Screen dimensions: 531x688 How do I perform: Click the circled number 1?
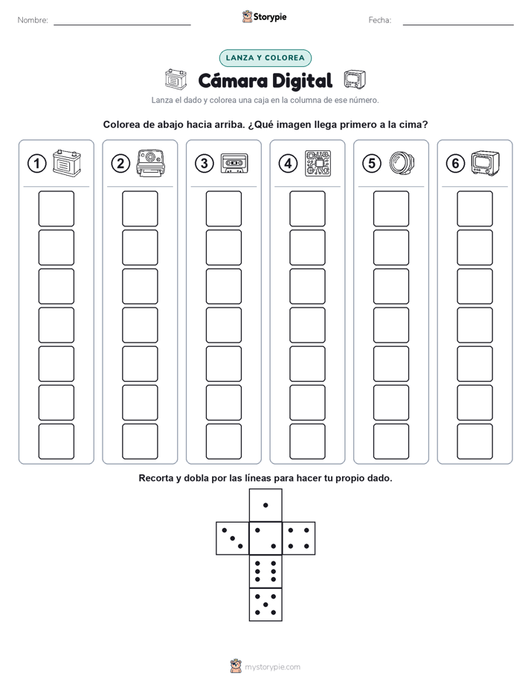(x=36, y=164)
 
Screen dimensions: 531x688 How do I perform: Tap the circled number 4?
(x=288, y=164)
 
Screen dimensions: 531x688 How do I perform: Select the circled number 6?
(x=455, y=164)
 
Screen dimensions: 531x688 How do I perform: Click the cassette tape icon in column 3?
(x=234, y=163)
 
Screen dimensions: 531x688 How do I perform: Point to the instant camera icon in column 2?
(x=151, y=163)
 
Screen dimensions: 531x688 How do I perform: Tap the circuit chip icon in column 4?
(x=318, y=163)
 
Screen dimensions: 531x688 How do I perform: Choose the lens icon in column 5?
(x=402, y=163)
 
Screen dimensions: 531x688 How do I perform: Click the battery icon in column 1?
(x=67, y=163)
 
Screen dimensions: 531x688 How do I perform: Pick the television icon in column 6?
(x=486, y=163)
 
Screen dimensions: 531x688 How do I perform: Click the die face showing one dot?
(x=265, y=505)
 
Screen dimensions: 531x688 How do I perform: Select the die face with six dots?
(x=265, y=571)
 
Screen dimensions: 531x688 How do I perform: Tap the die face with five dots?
(x=265, y=604)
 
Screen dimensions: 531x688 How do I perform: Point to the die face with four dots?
(x=299, y=538)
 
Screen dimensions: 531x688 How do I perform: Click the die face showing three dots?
(x=233, y=538)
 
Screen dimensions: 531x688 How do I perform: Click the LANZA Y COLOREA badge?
(x=265, y=58)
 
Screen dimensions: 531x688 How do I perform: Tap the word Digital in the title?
(x=302, y=80)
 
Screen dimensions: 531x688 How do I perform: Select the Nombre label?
(x=33, y=20)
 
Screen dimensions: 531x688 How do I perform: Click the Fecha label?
(x=380, y=20)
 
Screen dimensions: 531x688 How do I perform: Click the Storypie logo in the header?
(x=265, y=16)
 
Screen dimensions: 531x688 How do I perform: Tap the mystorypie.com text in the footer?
(x=272, y=667)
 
